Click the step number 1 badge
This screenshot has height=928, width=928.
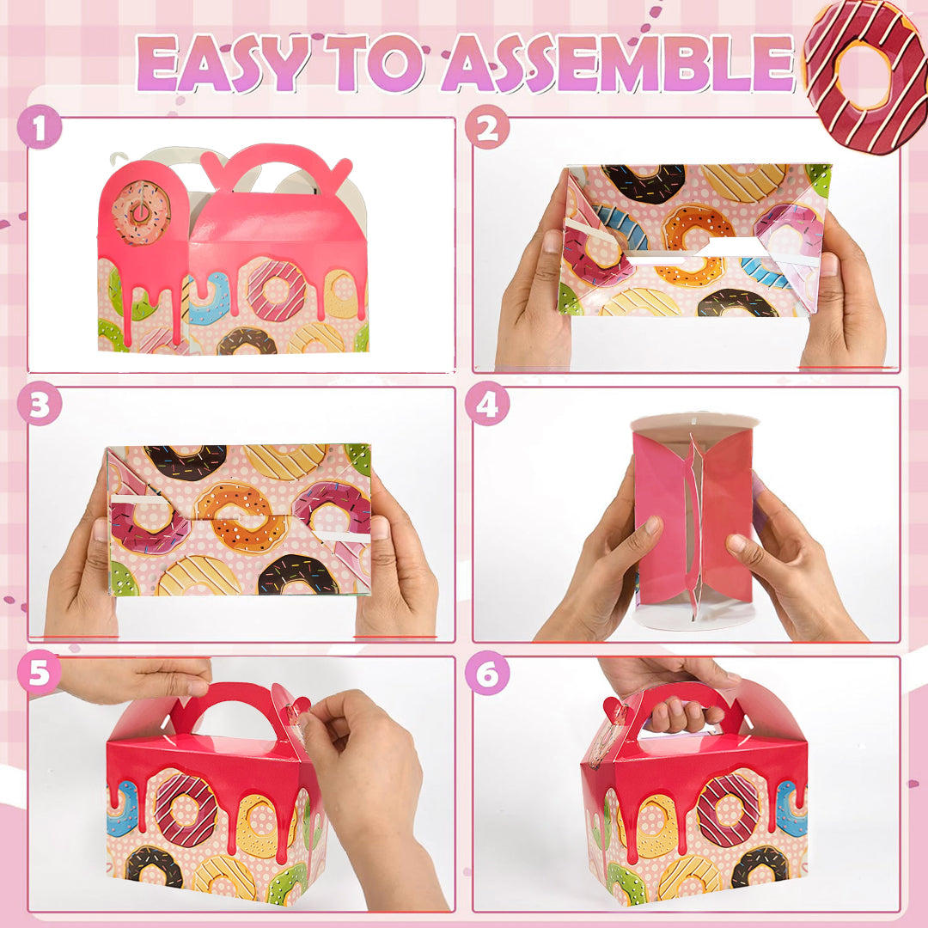[x=39, y=126]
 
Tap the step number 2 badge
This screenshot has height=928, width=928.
[x=487, y=126]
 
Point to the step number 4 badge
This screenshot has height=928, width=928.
[x=487, y=404]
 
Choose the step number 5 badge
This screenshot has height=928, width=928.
[x=39, y=672]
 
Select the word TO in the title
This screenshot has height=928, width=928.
[x=374, y=64]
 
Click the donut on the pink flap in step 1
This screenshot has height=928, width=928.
[x=141, y=213]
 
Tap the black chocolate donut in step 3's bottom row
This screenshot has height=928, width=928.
[x=297, y=574]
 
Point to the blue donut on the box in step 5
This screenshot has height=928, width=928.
[x=123, y=809]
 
